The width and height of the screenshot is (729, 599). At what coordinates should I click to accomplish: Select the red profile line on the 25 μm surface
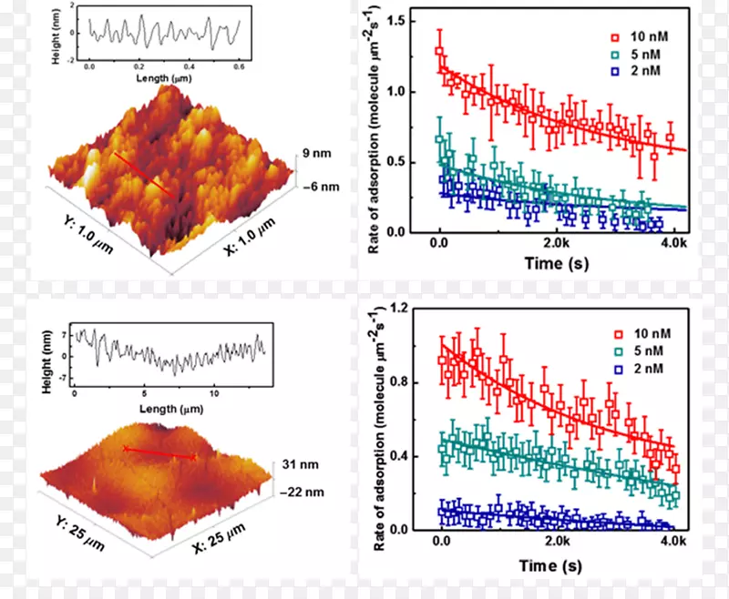point(160,452)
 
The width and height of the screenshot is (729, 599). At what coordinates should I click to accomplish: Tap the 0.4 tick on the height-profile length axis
point(190,66)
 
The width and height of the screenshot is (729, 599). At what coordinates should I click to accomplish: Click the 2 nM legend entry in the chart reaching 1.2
point(643,369)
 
